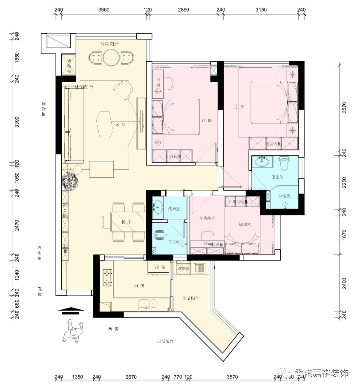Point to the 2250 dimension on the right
coord(344,182)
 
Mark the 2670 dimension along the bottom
coord(130,377)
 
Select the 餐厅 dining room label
coord(126,222)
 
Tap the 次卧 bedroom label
coord(207,120)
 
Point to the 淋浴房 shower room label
coord(284,197)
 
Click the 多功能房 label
coord(207,218)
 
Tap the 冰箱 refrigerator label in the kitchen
coord(160,268)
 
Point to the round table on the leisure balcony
coord(112,57)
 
